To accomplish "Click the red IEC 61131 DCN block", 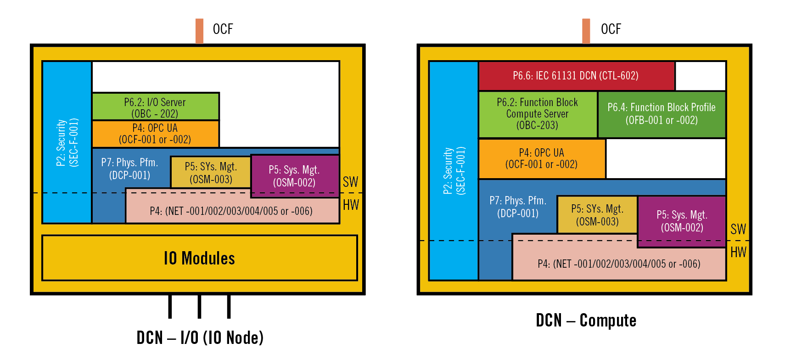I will click(x=576, y=76).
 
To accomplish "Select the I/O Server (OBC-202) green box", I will click(x=155, y=107).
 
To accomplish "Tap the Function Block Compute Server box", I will click(x=538, y=114).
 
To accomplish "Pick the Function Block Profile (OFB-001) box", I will click(x=662, y=114).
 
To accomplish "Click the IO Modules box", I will click(x=199, y=258).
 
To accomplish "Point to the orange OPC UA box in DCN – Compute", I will click(x=542, y=159).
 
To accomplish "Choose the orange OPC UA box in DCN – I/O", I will click(x=155, y=134).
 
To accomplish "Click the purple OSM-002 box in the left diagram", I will click(x=295, y=176).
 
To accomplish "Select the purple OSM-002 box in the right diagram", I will click(x=682, y=221).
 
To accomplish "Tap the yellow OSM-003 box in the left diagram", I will click(x=211, y=173).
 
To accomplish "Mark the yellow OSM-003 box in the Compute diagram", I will click(x=597, y=215).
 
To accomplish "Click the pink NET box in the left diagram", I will click(x=231, y=211).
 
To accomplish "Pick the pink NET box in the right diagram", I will click(x=619, y=264).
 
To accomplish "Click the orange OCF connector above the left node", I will click(x=199, y=31).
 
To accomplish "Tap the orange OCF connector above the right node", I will click(x=586, y=31).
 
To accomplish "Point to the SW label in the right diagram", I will click(x=738, y=229).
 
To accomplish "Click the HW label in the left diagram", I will click(x=351, y=205).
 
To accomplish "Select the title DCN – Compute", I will click(x=586, y=320).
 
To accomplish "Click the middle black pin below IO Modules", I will click(x=199, y=306).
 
